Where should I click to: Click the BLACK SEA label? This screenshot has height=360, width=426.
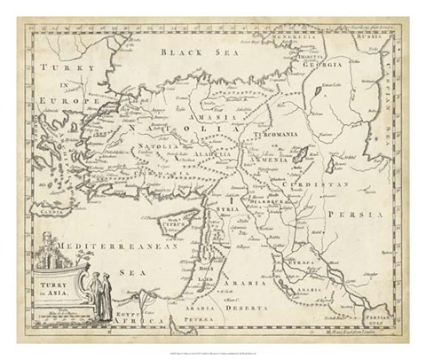pos(189,53)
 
